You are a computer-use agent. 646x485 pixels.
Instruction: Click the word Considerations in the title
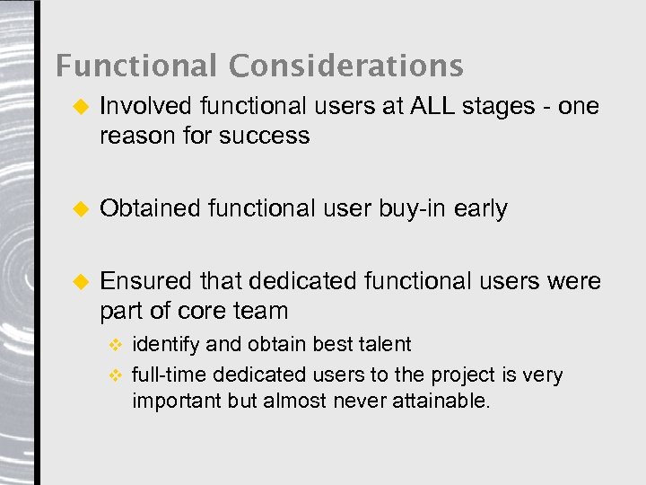click(345, 66)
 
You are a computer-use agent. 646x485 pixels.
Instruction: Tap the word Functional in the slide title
click(137, 66)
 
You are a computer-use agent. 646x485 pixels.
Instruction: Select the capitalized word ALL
click(432, 106)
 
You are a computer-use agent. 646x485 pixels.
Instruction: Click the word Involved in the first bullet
click(145, 106)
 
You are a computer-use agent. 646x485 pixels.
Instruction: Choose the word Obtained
click(150, 208)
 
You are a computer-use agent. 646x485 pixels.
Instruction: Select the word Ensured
click(146, 281)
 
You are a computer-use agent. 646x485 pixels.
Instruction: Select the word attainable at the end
click(441, 401)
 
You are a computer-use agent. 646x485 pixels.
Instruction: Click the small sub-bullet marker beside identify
click(114, 345)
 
